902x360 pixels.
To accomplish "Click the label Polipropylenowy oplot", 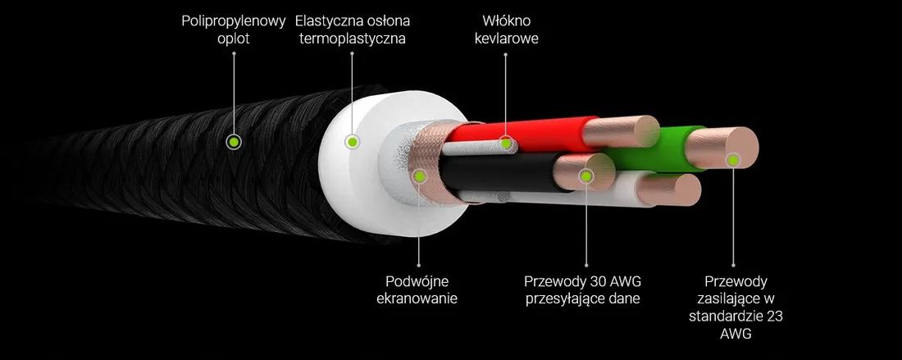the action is pyautogui.click(x=233, y=30).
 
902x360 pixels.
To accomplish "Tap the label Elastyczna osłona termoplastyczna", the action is pyautogui.click(x=352, y=30).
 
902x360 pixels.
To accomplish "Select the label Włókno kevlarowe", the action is pyautogui.click(x=506, y=30).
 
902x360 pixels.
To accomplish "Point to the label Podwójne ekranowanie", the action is pyautogui.click(x=417, y=289).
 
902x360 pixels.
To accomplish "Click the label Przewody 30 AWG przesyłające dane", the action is pyautogui.click(x=583, y=289).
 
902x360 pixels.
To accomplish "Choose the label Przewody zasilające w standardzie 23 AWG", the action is pyautogui.click(x=736, y=308).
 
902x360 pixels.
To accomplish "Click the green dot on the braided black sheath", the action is pyautogui.click(x=233, y=141).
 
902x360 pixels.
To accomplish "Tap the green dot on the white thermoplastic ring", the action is pyautogui.click(x=352, y=141).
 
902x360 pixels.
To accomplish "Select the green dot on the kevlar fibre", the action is pyautogui.click(x=506, y=143).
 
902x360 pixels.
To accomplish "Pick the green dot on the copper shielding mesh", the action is pyautogui.click(x=421, y=176).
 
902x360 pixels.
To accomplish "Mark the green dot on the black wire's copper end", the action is pyautogui.click(x=585, y=176).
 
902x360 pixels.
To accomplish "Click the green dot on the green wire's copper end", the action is pyautogui.click(x=733, y=160).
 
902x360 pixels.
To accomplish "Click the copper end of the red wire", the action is pyautogui.click(x=622, y=131).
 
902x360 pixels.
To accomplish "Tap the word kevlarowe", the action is pyautogui.click(x=506, y=39).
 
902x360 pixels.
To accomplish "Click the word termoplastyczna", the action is pyautogui.click(x=352, y=39).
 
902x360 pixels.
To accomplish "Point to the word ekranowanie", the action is pyautogui.click(x=417, y=299).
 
